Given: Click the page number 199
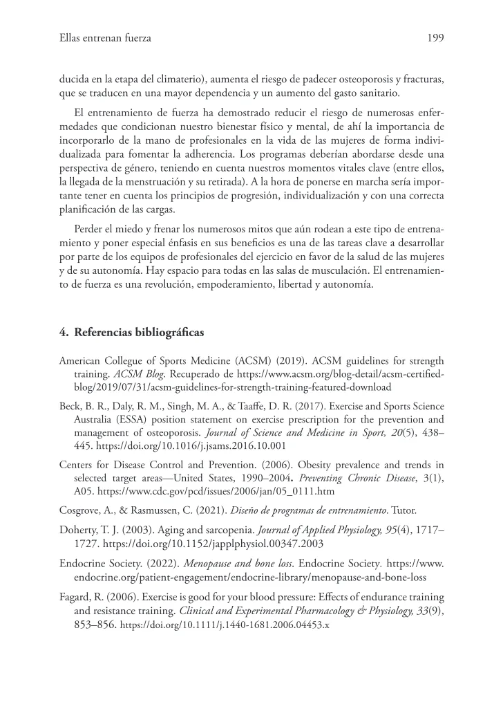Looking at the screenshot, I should pos(435,38).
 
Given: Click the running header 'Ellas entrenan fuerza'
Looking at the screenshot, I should pos(105,38).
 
